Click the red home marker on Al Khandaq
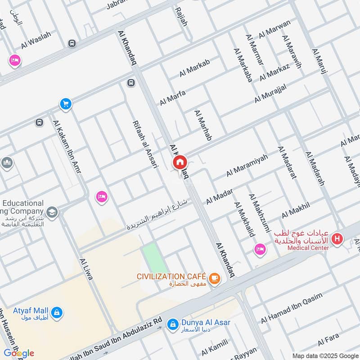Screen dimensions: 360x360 tap(180, 162)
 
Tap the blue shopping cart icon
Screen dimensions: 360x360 tap(66, 104)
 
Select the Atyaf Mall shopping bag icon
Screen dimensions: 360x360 tap(57, 311)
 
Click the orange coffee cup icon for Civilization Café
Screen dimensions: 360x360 tap(215, 278)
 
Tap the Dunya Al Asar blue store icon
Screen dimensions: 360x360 tap(172, 324)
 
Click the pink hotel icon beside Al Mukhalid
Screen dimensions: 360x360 tap(260, 249)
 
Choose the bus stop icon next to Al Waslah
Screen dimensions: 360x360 tap(72, 43)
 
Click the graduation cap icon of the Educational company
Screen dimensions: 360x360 tap(52, 212)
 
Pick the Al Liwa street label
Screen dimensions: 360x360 tap(85, 269)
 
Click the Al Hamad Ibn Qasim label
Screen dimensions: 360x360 tap(292, 307)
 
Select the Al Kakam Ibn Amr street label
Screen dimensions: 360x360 tap(66, 144)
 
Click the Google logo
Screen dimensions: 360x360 tap(19, 353)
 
